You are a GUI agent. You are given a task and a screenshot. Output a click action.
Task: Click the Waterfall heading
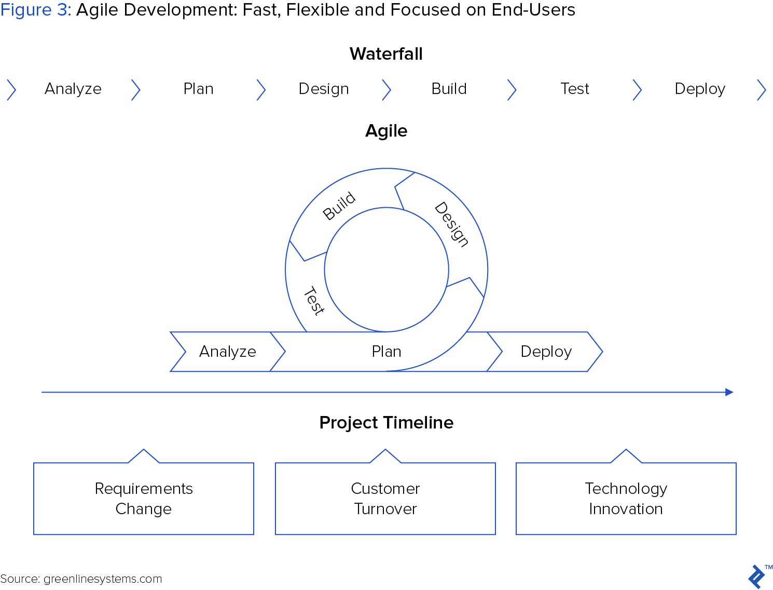(x=385, y=54)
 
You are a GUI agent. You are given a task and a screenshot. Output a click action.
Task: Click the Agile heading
(x=386, y=131)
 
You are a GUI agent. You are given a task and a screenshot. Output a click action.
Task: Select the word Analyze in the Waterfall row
(x=73, y=89)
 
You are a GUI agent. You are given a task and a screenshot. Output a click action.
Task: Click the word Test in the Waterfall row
(x=574, y=89)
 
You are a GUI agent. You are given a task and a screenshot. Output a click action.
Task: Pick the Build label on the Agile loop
(x=339, y=206)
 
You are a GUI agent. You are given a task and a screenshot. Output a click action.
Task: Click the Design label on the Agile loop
(x=451, y=224)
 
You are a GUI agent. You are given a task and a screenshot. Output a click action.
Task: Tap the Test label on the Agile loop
(x=314, y=301)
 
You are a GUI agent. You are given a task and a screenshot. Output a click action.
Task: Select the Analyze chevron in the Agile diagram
(x=228, y=352)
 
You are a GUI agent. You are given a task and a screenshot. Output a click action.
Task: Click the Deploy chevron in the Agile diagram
(x=545, y=352)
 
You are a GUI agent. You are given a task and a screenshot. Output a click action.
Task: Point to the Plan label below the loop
(x=386, y=352)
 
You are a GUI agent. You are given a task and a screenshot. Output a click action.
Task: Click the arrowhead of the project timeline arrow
(x=729, y=392)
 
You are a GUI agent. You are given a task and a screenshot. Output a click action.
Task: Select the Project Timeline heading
(x=386, y=422)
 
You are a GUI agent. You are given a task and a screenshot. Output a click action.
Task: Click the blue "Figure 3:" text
(x=36, y=10)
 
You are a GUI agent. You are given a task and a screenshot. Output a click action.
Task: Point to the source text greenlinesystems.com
(x=103, y=579)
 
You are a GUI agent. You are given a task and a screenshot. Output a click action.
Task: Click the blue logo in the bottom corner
(x=756, y=576)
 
